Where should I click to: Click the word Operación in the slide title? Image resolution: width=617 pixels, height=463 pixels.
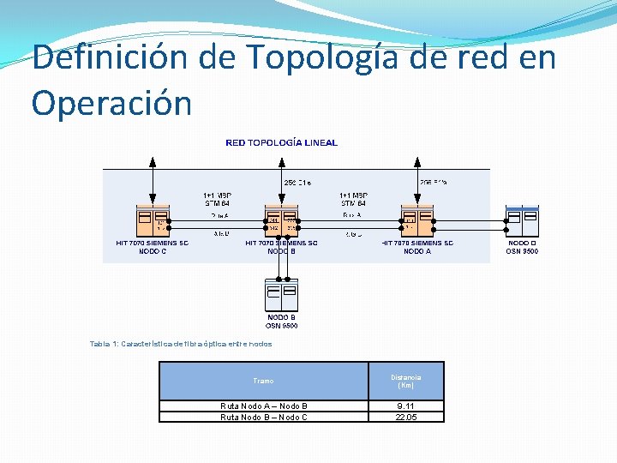112,103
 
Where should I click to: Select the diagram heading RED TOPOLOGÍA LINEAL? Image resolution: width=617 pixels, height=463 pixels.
281,142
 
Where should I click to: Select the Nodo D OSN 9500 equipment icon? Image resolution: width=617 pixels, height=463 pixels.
522,221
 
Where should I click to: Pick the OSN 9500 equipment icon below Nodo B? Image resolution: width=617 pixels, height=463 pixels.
282,296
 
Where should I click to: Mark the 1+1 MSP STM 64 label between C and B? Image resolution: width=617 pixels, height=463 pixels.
217,199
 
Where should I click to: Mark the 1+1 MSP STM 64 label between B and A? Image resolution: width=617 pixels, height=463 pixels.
352,199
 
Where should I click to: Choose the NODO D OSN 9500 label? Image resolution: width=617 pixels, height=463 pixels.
522,247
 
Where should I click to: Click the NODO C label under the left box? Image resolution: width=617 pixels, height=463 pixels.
153,251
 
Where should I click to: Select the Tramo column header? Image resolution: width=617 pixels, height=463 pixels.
264,381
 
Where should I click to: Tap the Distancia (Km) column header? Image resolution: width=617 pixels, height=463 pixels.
406,381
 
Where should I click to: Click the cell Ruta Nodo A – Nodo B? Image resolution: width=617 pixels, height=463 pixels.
264,406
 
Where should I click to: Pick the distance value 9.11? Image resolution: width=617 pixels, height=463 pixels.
406,406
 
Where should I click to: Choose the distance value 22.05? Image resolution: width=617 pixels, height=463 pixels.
406,417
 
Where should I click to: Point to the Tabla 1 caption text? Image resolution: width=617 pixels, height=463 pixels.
181,344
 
